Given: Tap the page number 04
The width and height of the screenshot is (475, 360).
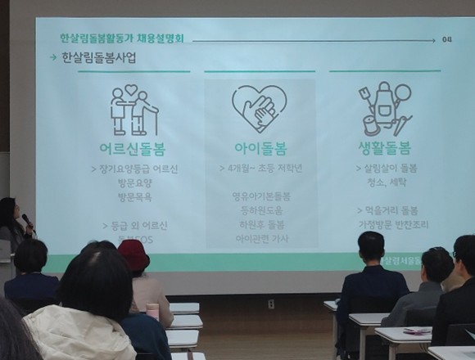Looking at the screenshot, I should tap(446, 39).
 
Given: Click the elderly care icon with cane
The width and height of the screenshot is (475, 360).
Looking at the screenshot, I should tap(133, 110).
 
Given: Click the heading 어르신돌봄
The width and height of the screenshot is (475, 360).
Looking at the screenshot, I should tap(133, 149).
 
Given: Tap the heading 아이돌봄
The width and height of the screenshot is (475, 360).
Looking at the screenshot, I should tap(259, 149).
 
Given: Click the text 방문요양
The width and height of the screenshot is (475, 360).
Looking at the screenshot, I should tap(135, 183).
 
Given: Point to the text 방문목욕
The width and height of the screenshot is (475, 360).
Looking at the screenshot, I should tap(135, 197).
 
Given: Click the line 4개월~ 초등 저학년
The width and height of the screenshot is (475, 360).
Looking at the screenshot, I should tap(260, 169).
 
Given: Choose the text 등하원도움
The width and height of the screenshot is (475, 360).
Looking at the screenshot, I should tap(261, 210).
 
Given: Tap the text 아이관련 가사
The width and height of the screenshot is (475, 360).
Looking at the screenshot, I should tap(261, 238).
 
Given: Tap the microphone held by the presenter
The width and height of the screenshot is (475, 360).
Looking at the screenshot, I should tap(27, 220).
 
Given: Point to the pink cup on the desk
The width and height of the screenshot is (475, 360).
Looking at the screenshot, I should tap(152, 311).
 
